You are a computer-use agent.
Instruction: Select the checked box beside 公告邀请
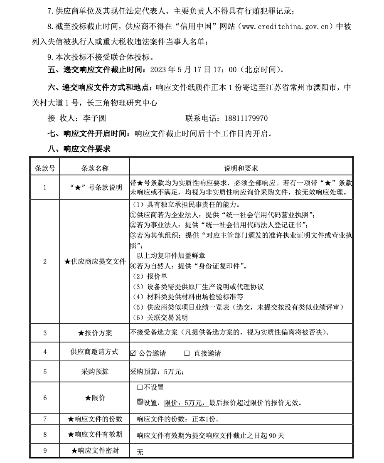[x=133, y=353]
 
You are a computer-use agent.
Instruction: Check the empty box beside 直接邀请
[x=187, y=353]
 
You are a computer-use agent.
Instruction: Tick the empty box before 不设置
[x=140, y=387]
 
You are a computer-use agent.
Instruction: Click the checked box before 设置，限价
[x=140, y=402]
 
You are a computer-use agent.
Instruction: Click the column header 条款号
[x=45, y=168]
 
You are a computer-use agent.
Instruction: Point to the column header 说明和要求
[x=241, y=168]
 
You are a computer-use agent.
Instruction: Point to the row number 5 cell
[x=45, y=372]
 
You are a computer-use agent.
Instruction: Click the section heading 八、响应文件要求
[x=79, y=148]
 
